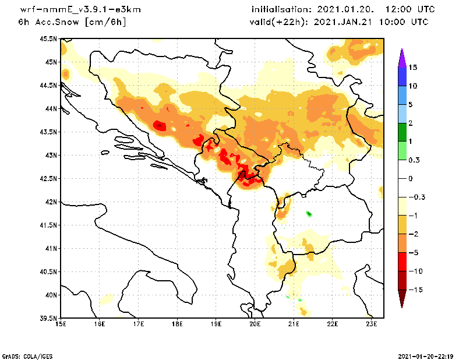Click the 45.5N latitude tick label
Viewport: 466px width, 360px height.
48,38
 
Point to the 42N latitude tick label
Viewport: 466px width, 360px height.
50,202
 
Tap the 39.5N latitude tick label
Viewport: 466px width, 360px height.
48,318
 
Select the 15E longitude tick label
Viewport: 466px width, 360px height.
60,324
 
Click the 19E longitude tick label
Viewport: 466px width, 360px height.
216,324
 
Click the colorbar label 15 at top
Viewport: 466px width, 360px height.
412,67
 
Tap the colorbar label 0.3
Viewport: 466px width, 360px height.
414,160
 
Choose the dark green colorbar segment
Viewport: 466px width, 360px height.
401,132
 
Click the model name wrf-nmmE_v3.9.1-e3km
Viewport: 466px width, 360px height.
80,10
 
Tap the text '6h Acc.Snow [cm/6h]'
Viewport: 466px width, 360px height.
72,22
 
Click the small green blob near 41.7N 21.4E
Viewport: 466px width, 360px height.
309,214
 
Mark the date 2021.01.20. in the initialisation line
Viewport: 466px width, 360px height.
345,10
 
